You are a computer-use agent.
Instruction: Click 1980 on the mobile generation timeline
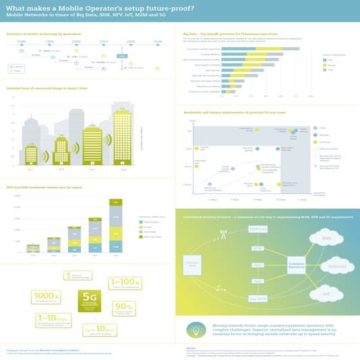(x=22, y=42)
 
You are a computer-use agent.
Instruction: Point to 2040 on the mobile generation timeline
(x=157, y=42)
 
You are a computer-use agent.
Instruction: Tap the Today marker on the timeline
(x=122, y=55)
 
